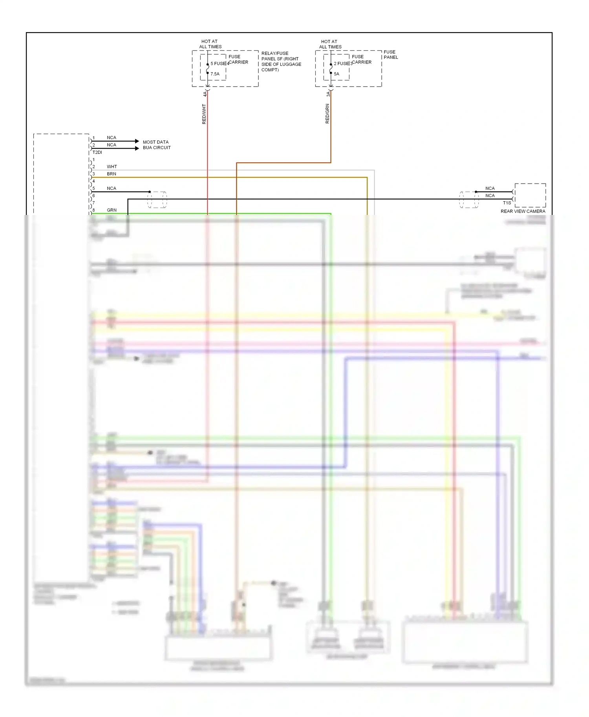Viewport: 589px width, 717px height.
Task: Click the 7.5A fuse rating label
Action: [215, 74]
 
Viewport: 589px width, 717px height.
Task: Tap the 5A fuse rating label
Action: [337, 74]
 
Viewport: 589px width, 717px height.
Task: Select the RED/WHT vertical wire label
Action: [204, 114]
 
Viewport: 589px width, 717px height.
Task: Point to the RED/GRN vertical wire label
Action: [327, 114]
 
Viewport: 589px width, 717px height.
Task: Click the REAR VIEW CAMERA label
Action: [523, 211]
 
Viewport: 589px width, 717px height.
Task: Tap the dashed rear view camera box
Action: [530, 195]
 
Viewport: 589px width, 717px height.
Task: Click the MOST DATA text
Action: [155, 142]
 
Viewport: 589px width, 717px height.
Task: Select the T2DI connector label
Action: [97, 152]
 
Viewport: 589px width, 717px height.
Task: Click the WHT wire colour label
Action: [112, 167]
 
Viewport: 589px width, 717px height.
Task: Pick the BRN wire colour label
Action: [112, 174]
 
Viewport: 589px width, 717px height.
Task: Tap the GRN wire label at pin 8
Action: [112, 210]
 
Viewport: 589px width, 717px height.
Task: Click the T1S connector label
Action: [507, 203]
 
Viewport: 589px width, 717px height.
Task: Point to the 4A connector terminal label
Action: [205, 94]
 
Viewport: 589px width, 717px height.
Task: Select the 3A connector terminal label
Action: [328, 94]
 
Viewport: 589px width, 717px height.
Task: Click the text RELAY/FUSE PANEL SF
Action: [280, 56]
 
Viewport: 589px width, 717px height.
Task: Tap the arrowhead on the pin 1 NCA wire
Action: [137, 141]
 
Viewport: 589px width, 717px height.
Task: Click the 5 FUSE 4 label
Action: [220, 64]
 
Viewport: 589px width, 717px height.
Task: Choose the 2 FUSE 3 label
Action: [343, 64]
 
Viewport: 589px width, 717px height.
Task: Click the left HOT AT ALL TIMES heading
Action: [210, 44]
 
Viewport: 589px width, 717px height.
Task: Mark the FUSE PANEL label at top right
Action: [390, 55]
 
